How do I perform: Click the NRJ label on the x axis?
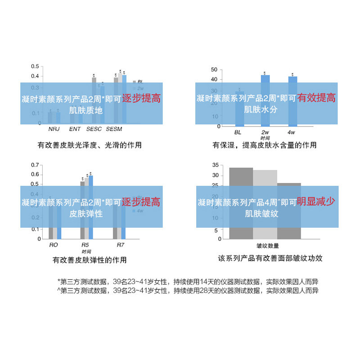(54, 130)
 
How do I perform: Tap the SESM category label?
(114, 130)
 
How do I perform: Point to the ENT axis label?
(75, 130)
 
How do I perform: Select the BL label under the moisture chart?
(238, 132)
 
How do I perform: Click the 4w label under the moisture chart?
(291, 132)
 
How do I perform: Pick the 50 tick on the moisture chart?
(214, 69)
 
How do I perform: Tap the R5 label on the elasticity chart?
(85, 245)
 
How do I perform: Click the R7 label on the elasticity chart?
(120, 245)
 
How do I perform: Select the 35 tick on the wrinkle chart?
(215, 165)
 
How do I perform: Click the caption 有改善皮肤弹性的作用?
(90, 260)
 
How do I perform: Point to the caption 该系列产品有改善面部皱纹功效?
(270, 259)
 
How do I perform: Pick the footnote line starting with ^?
(188, 291)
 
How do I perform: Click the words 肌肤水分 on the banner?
(261, 109)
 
